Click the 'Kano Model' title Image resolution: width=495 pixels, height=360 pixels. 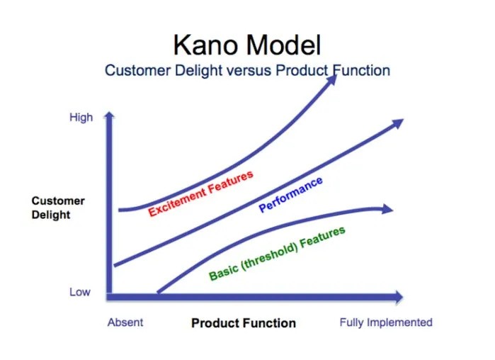pyautogui.click(x=247, y=45)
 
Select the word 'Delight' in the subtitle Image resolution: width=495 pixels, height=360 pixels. pyautogui.click(x=198, y=71)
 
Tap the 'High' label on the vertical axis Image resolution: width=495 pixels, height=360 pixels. pyautogui.click(x=81, y=117)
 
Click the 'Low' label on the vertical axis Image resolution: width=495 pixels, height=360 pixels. pyautogui.click(x=80, y=292)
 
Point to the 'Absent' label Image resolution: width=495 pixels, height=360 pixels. pyautogui.click(x=125, y=322)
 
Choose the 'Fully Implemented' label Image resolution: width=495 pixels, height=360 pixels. pyautogui.click(x=386, y=322)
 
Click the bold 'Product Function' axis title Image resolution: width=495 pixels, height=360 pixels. pyautogui.click(x=244, y=323)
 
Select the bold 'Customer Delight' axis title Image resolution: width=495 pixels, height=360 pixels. pyautogui.click(x=58, y=208)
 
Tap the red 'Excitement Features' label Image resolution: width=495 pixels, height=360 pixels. pyautogui.click(x=201, y=193)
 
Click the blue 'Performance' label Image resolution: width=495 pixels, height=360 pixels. pyautogui.click(x=291, y=194)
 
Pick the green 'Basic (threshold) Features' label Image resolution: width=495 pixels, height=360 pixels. pyautogui.click(x=277, y=254)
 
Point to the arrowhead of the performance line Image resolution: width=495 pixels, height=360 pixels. pyautogui.click(x=398, y=123)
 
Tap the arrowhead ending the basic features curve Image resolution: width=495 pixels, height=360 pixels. pyautogui.click(x=387, y=209)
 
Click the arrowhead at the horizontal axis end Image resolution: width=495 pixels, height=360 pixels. pyautogui.click(x=399, y=297)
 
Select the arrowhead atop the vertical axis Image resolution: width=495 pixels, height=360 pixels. pyautogui.click(x=109, y=116)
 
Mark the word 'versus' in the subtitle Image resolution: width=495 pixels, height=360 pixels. pyautogui.click(x=249, y=71)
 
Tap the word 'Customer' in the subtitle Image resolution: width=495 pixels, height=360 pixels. pyautogui.click(x=138, y=70)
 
